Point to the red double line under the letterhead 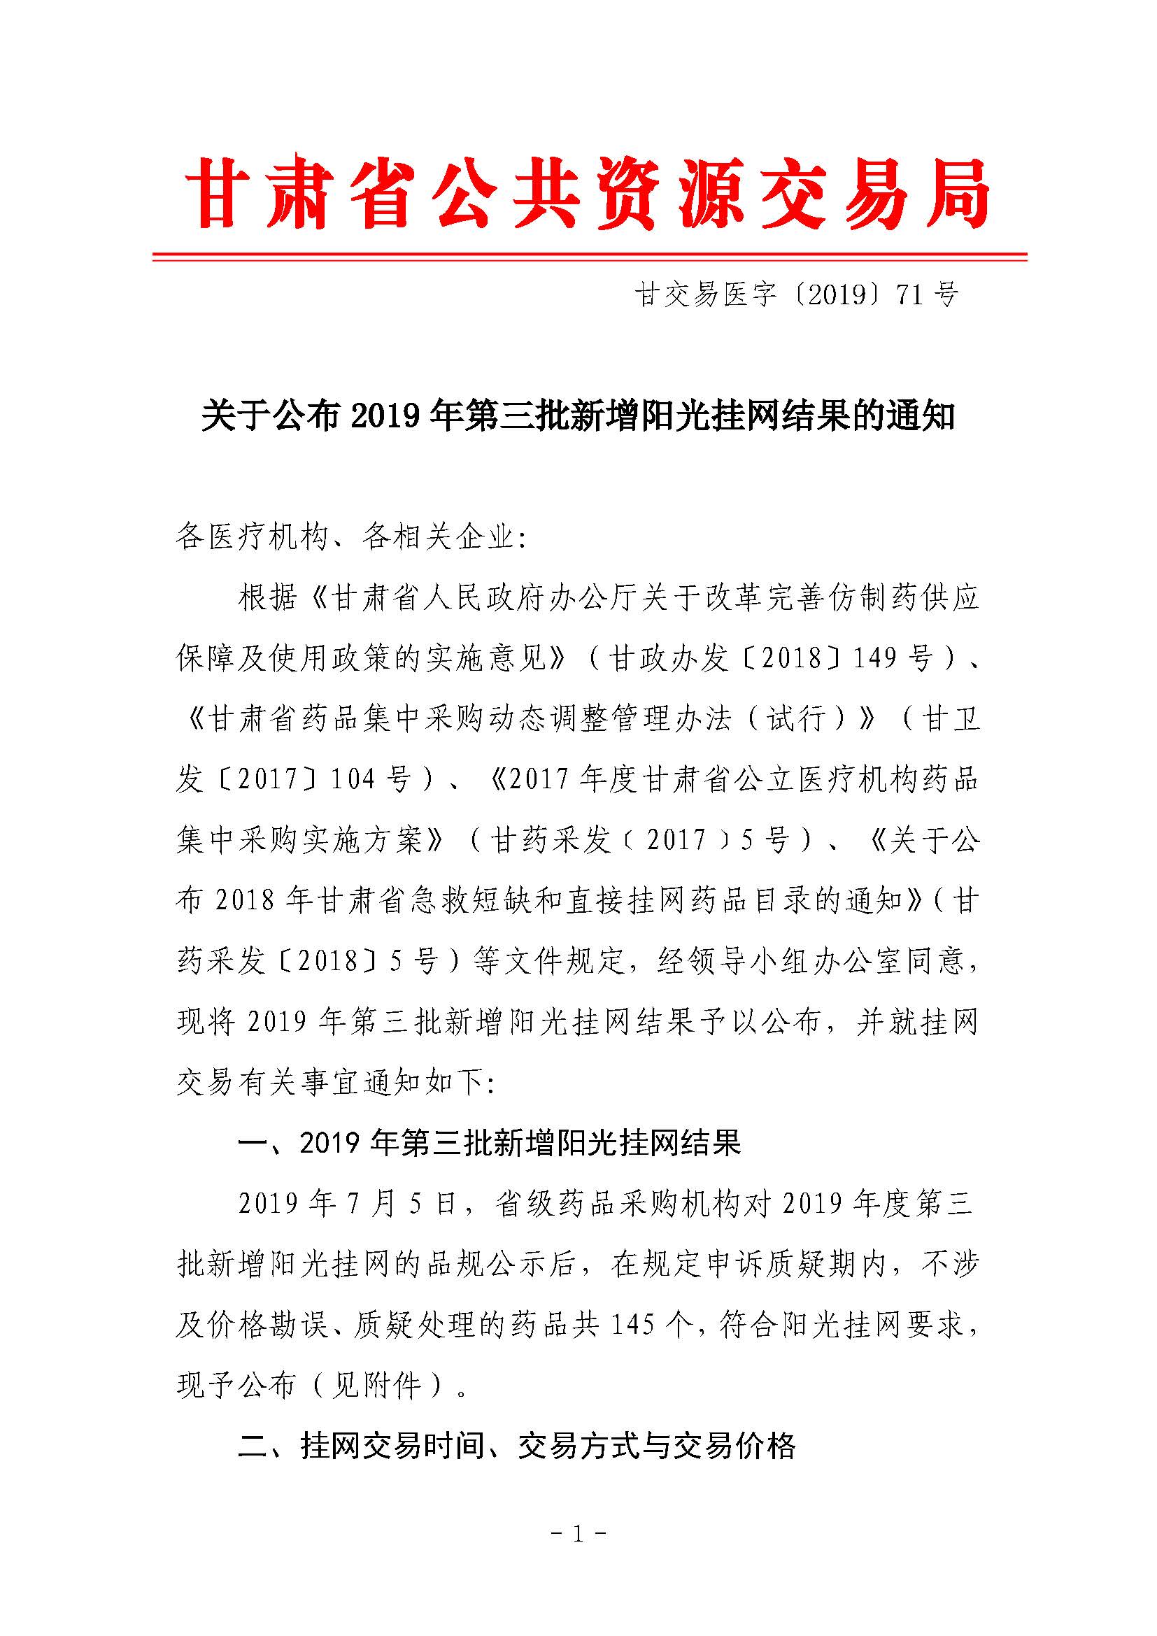click(589, 257)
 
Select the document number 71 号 click(927, 294)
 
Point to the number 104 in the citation click(353, 779)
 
